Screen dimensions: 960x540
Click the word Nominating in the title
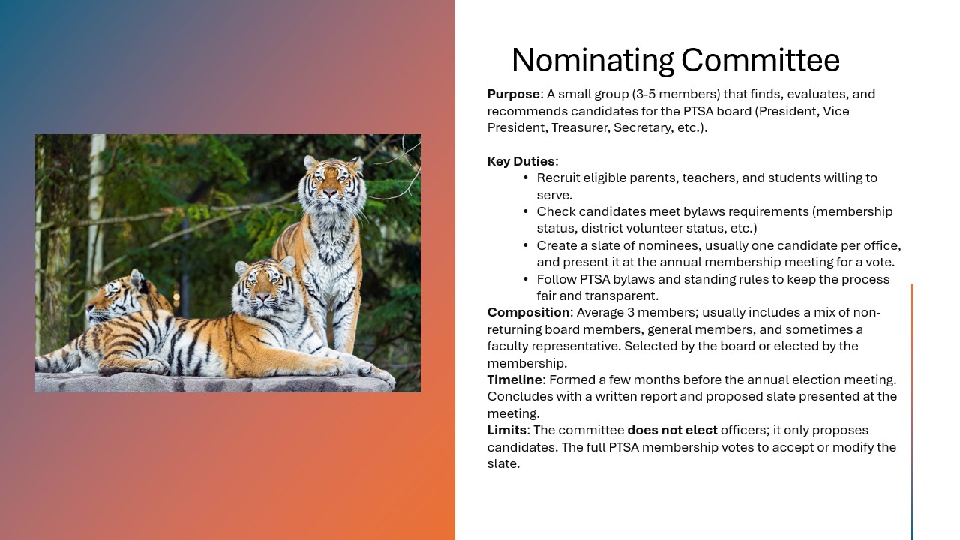592,61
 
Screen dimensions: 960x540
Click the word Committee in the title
760,61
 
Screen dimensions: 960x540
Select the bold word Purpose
514,94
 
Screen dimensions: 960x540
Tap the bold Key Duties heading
521,161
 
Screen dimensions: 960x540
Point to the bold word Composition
529,313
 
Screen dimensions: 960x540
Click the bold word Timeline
514,379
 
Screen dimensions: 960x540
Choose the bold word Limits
507,430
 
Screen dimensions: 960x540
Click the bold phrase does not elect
672,430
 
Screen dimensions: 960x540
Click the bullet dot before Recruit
526,178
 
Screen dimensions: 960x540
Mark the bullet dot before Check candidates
526,211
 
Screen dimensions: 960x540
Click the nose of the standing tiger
330,193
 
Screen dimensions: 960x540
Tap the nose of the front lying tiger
262,296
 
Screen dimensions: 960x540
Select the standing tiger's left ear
310,163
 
